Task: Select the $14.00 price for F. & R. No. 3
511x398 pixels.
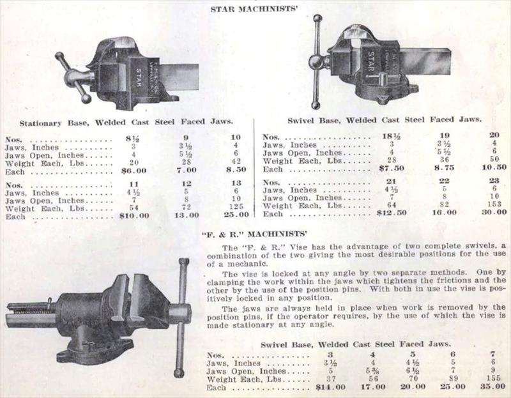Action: tap(331, 388)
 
